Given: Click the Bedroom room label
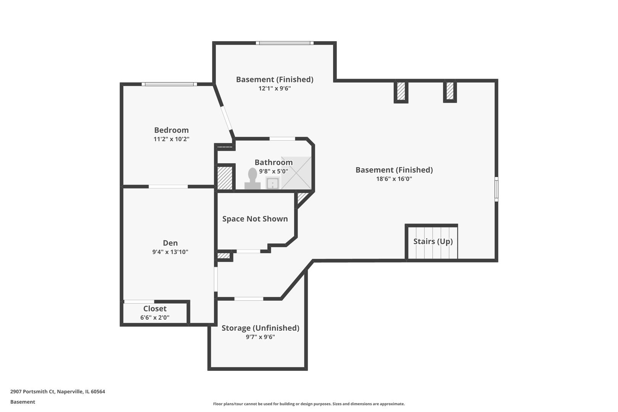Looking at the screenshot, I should pos(171,130).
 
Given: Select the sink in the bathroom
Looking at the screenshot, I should pos(273,183).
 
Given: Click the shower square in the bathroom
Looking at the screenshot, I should pos(296,173).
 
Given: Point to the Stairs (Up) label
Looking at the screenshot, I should pos(433,241).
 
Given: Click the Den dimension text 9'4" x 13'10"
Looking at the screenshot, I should pos(170,252).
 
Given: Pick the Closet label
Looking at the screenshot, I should pos(155,309).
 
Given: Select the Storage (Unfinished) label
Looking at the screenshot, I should pos(260,328).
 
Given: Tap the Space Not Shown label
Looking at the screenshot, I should pos(255,219).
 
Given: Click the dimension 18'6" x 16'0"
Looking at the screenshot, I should pos(394,179).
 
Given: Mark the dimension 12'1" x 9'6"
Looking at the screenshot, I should pos(275,88).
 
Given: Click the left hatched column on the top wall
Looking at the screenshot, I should pos(401,91).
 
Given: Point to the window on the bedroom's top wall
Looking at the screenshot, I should pos(169,84).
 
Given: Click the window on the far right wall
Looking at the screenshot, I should pos(496,189).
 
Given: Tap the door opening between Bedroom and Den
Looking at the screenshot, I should pos(168,187).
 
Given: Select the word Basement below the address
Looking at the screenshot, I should pos(23,402).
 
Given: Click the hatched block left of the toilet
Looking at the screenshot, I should pos(225,177).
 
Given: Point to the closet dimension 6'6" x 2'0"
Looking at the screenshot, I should pos(155,317).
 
